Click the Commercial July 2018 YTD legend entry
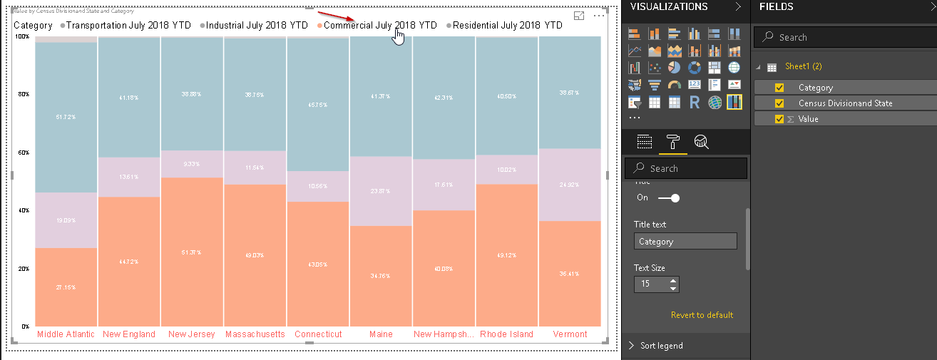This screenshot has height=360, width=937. (379, 25)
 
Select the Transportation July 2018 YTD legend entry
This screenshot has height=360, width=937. (128, 25)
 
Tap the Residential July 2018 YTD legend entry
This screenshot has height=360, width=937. (507, 25)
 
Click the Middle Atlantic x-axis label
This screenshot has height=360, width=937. (66, 334)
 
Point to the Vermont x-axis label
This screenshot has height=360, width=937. (570, 334)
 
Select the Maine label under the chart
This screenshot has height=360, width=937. (381, 334)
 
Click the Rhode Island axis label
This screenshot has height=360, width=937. (506, 334)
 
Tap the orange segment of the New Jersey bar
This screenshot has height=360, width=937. (192, 252)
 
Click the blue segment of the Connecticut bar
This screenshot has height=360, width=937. (317, 104)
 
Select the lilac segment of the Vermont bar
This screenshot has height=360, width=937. (570, 185)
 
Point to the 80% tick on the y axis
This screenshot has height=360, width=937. (24, 94)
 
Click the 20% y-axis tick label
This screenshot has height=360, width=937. (24, 269)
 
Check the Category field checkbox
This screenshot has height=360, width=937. (779, 88)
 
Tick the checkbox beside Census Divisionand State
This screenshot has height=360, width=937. (779, 103)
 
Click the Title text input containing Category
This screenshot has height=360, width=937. (685, 242)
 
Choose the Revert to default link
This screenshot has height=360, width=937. (702, 315)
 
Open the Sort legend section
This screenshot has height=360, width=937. (661, 346)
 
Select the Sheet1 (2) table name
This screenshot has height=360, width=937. (803, 66)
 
